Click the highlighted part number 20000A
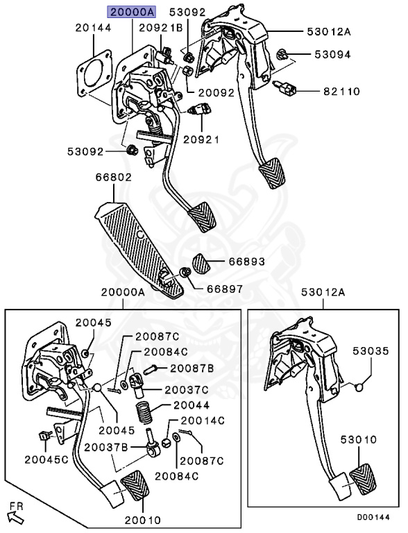pos(132,12)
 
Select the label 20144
pos(93,28)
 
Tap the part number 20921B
pos(160,28)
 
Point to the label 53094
pos(313,54)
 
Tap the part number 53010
pos(358,440)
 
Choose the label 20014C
pos(203,421)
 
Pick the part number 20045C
pos(49,459)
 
